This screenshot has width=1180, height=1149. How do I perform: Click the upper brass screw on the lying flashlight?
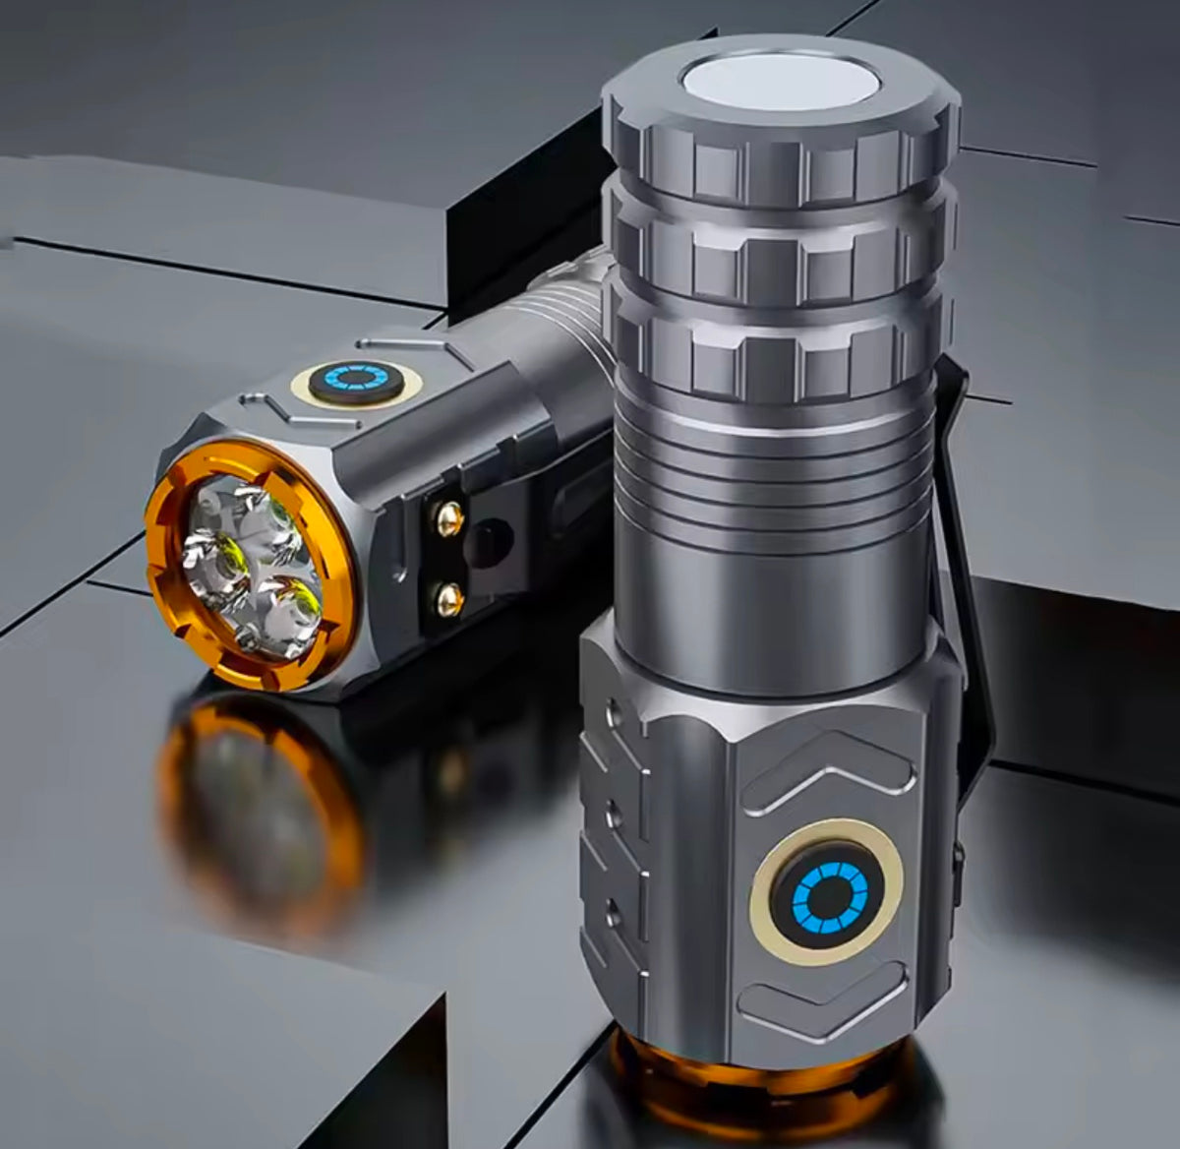450,518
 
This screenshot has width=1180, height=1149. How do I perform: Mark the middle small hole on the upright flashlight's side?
616,813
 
